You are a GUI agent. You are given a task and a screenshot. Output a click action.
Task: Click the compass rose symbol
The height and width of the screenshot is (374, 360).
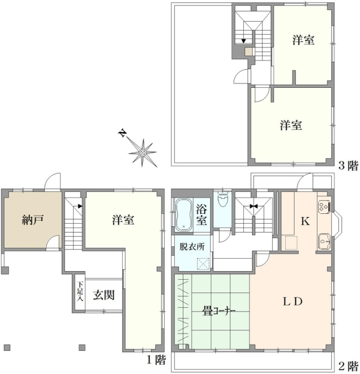click(142, 153)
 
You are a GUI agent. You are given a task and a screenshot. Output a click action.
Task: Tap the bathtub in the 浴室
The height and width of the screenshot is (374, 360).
click(183, 214)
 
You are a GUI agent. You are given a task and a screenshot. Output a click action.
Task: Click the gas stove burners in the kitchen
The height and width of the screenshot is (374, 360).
click(324, 206)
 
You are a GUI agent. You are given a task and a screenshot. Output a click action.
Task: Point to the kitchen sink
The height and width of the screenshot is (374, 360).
click(324, 241)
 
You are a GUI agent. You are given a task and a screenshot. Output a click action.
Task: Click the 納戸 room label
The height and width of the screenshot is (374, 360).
click(32, 220)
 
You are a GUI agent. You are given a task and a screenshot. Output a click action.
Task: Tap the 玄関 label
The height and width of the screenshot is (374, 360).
click(104, 295)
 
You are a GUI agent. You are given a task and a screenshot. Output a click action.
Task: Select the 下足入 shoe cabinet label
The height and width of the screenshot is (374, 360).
click(80, 291)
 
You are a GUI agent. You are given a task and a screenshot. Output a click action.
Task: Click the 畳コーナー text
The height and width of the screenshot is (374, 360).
click(218, 311)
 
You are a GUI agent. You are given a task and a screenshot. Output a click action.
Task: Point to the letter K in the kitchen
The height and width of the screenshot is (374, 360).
click(305, 221)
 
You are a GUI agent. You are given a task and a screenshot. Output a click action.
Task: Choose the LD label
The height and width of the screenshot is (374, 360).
click(293, 302)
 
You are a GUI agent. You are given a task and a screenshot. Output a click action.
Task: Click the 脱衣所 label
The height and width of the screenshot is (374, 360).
click(192, 247)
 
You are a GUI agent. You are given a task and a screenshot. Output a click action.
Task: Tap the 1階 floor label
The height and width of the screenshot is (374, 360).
click(156, 360)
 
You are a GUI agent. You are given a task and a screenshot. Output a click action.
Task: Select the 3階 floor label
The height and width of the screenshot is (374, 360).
click(348, 165)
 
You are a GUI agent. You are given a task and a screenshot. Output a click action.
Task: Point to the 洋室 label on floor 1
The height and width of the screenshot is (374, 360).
click(123, 220)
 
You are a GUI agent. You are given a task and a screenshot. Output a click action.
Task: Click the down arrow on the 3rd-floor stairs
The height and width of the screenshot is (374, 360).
click(243, 41)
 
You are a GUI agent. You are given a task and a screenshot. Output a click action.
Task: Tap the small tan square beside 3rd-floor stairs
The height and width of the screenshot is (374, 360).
click(249, 52)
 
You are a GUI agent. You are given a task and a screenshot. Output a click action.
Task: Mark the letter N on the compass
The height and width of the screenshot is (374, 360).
click(123, 133)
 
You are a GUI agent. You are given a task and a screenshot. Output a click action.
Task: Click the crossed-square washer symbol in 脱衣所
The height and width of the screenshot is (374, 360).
click(203, 264)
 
